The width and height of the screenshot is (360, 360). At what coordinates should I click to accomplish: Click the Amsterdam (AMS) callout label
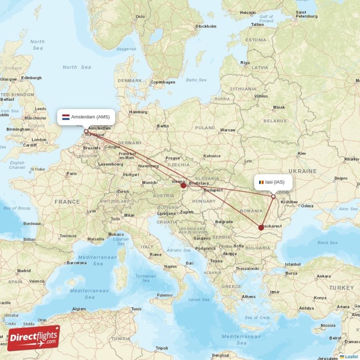point(86,117)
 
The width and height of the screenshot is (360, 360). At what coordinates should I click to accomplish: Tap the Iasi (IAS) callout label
point(273,182)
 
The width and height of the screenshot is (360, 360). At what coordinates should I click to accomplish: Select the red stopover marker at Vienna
point(184,185)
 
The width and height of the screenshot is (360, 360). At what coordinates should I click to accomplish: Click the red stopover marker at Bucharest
point(261,228)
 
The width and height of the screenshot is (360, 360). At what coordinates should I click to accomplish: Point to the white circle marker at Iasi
point(273,196)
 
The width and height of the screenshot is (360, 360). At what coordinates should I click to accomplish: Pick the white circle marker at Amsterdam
point(86,131)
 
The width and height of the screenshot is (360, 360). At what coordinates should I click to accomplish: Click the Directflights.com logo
point(34,338)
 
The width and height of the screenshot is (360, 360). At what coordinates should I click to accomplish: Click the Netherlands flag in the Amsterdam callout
point(66,117)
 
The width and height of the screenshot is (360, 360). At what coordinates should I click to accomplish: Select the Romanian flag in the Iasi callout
point(261,182)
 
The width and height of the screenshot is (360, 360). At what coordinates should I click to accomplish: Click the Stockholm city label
point(206,27)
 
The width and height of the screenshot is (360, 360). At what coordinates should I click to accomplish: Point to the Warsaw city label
point(227,130)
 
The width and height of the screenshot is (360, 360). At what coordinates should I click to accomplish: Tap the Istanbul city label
point(292,264)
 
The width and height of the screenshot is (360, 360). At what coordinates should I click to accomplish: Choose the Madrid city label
point(24,271)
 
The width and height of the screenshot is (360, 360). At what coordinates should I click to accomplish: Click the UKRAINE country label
point(302,171)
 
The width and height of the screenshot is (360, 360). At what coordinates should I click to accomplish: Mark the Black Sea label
point(327,243)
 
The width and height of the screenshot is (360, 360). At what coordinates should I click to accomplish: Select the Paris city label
point(72,173)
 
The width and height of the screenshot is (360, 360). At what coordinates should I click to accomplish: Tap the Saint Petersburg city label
point(307,15)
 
